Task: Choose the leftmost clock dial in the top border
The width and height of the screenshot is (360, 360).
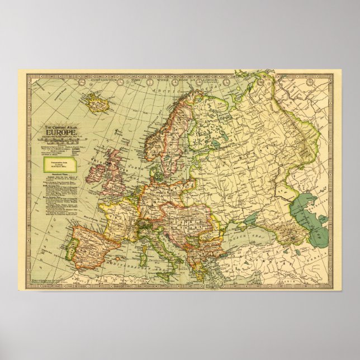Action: pyautogui.click(x=82, y=80)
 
